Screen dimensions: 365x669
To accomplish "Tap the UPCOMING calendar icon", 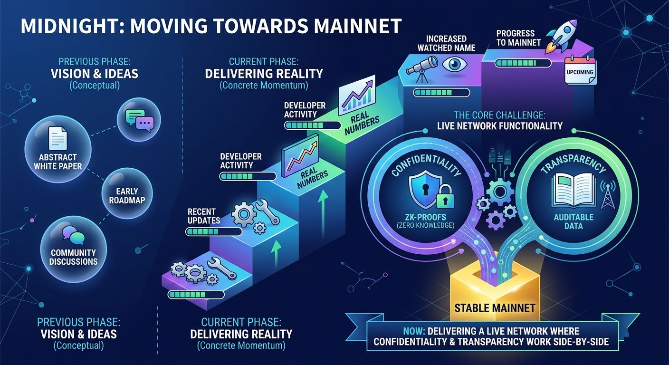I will click(x=580, y=71).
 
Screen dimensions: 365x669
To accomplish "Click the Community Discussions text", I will click(x=73, y=257).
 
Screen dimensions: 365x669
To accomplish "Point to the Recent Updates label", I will click(x=204, y=216).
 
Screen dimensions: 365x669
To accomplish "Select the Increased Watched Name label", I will click(x=446, y=43).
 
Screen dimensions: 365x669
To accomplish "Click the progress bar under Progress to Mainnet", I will click(x=523, y=63).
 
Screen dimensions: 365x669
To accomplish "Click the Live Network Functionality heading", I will click(x=499, y=126).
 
